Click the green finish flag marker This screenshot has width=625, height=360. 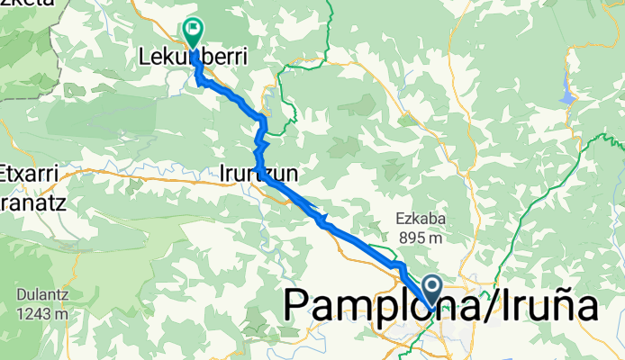tap(193, 32)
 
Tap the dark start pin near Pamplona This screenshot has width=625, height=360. tap(432, 291)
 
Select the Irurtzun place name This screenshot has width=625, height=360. tap(257, 170)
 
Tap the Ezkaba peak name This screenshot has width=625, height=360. tap(421, 219)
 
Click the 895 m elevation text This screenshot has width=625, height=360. tap(421, 238)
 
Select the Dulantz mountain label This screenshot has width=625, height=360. tap(41, 295)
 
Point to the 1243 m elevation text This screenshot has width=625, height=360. tap(41, 314)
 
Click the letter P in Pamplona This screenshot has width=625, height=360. tap(298, 306)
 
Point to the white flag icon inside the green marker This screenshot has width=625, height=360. tap(194, 30)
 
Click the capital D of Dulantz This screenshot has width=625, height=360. tap(21, 295)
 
